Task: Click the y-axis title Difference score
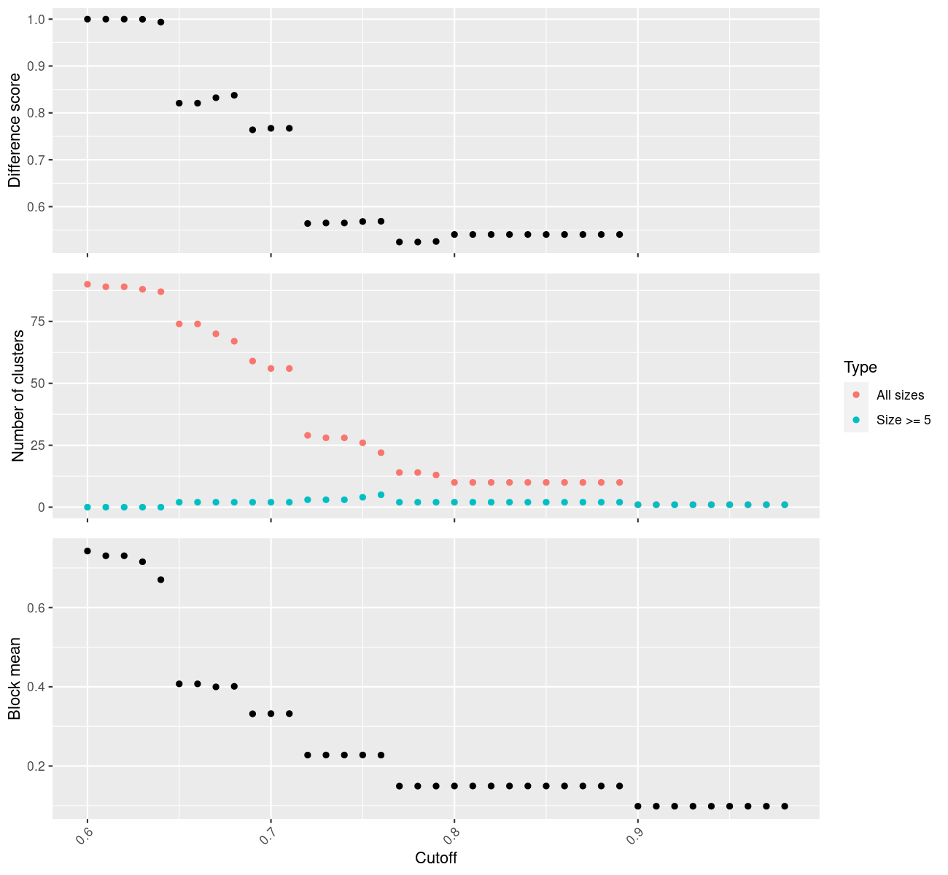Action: pos(15,131)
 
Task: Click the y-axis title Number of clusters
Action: pos(18,396)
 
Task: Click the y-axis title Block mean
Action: pos(15,679)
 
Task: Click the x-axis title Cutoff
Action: pos(436,858)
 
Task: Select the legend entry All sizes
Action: pos(900,395)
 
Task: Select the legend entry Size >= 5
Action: pos(904,420)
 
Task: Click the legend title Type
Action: pos(860,367)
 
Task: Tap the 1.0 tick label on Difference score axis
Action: pos(35,19)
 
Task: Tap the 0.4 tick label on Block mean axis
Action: pos(35,687)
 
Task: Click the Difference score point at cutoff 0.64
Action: pos(161,22)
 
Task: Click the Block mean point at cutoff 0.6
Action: pos(88,551)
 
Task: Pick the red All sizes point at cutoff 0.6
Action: pos(88,284)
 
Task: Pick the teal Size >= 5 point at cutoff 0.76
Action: pos(381,494)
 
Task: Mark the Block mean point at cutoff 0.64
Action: pos(161,580)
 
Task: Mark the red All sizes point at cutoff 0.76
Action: pos(381,453)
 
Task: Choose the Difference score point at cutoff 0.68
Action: pos(234,96)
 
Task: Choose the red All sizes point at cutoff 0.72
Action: pos(308,435)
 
